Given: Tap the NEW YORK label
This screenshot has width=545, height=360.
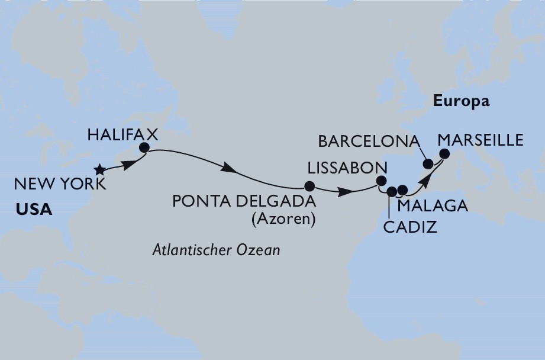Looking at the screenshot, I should click(60, 185).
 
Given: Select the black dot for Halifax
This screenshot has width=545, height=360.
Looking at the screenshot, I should click(144, 148).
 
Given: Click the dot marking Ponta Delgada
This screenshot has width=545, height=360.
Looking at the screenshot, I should click(308, 184).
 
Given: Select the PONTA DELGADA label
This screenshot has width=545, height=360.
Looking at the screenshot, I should click(243, 202).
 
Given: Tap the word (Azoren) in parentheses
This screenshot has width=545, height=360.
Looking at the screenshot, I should click(283, 220).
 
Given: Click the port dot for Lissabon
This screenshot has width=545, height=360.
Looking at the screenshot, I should click(382, 182).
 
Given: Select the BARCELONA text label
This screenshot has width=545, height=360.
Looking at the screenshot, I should click(369, 142).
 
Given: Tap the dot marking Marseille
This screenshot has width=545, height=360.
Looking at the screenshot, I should click(444, 154).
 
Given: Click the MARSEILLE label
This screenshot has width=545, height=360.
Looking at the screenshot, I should click(480, 140).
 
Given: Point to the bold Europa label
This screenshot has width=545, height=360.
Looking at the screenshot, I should click(462, 101).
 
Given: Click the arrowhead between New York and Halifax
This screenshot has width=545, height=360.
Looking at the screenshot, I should click(125, 163).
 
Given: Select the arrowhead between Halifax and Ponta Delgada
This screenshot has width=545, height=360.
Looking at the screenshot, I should click(233, 171).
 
